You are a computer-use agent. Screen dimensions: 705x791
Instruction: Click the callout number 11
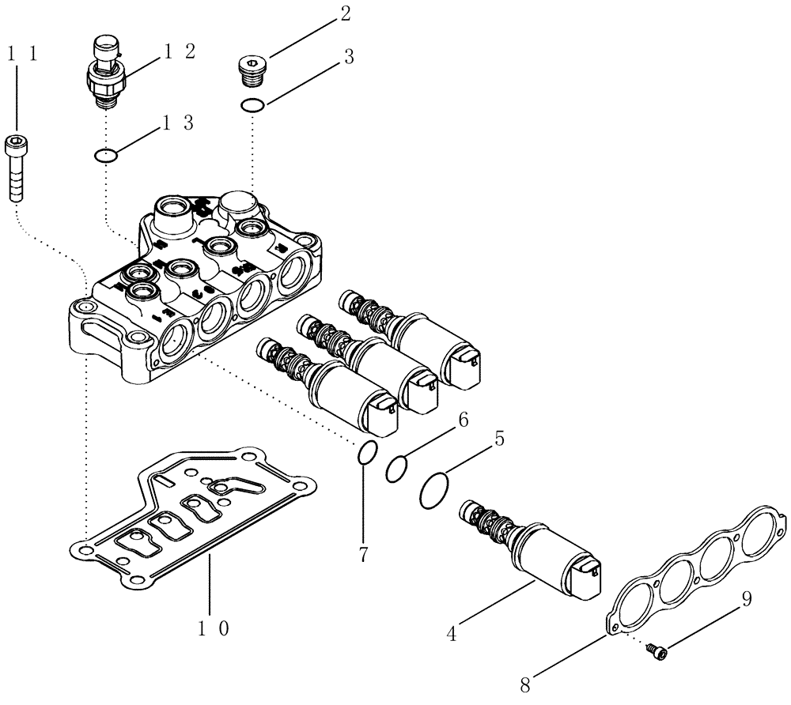pyautogui.click(x=21, y=54)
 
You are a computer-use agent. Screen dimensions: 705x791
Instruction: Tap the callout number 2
pyautogui.click(x=345, y=13)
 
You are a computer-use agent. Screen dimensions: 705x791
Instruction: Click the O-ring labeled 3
pyautogui.click(x=252, y=105)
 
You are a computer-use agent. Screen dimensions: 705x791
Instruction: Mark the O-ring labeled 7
pyautogui.click(x=366, y=454)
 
